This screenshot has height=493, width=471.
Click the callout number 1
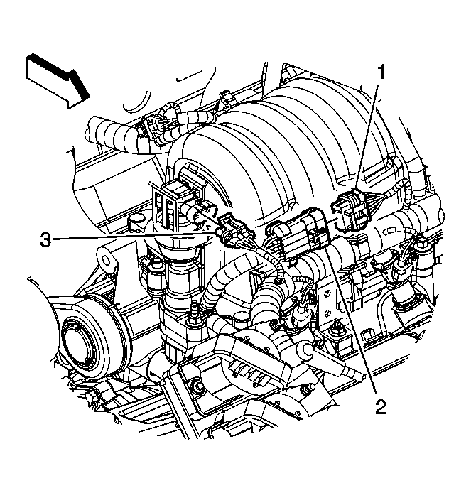pos(381,72)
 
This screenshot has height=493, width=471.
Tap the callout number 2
pos(380,406)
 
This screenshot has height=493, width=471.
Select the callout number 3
pos(45,240)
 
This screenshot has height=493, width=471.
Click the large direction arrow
pos(58,81)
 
